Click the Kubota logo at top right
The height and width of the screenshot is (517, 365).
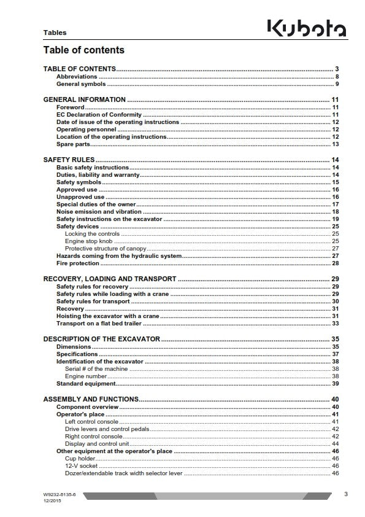[x=306, y=28]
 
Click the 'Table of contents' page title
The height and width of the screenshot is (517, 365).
[x=83, y=50]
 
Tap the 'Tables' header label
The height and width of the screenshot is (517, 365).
[x=55, y=33]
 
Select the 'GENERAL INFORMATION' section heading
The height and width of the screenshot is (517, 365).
[x=85, y=99]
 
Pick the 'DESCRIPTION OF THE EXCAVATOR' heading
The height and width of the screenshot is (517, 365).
[x=101, y=339]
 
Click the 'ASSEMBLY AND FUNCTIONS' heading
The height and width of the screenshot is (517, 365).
[x=91, y=399]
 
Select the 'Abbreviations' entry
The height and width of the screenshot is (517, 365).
[x=77, y=76]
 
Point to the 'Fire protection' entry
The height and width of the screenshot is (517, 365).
[x=77, y=263]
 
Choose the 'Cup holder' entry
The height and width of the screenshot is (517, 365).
[x=80, y=458]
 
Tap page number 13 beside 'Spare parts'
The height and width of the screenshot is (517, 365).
[x=336, y=144]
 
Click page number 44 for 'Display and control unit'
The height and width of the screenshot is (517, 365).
[x=336, y=443]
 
